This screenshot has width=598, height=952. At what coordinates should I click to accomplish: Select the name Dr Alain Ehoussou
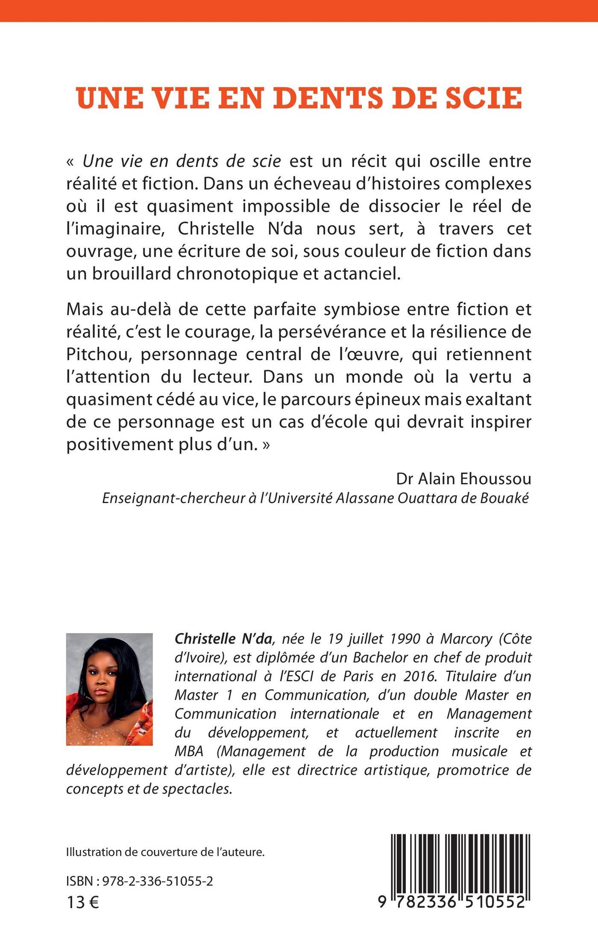coord(463,479)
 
